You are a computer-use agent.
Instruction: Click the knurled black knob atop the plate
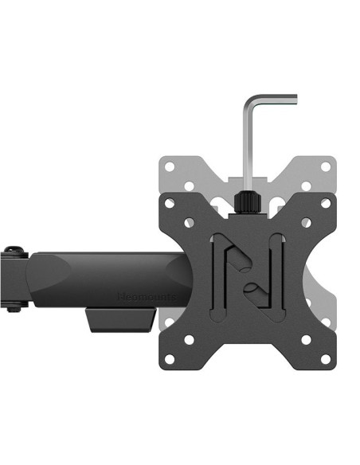click(248, 201)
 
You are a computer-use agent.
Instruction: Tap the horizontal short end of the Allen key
click(275, 100)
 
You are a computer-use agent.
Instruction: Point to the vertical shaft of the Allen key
click(248, 147)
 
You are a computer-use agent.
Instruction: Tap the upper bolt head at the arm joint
click(10, 253)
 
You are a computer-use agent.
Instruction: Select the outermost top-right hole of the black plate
click(325, 204)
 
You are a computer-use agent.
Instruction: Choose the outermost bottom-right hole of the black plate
click(325, 360)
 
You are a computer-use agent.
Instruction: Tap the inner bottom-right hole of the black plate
click(305, 340)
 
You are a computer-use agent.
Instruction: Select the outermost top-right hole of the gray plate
click(325, 167)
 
